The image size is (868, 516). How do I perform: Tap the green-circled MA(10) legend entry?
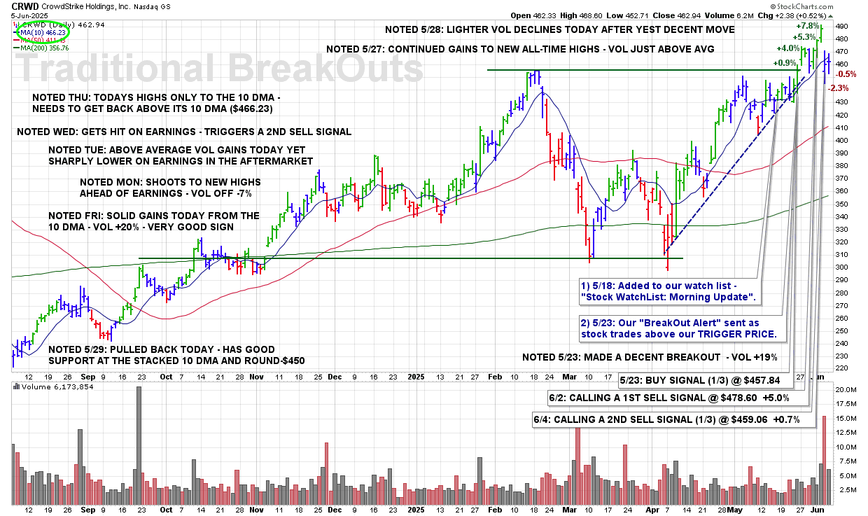pyautogui.click(x=43, y=32)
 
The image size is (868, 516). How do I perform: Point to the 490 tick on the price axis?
pyautogui.click(x=842, y=26)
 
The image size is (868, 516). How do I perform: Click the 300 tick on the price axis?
pyautogui.click(x=842, y=267)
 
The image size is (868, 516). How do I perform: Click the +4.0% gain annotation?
pyautogui.click(x=788, y=48)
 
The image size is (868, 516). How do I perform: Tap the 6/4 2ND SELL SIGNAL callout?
pyautogui.click(x=674, y=419)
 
